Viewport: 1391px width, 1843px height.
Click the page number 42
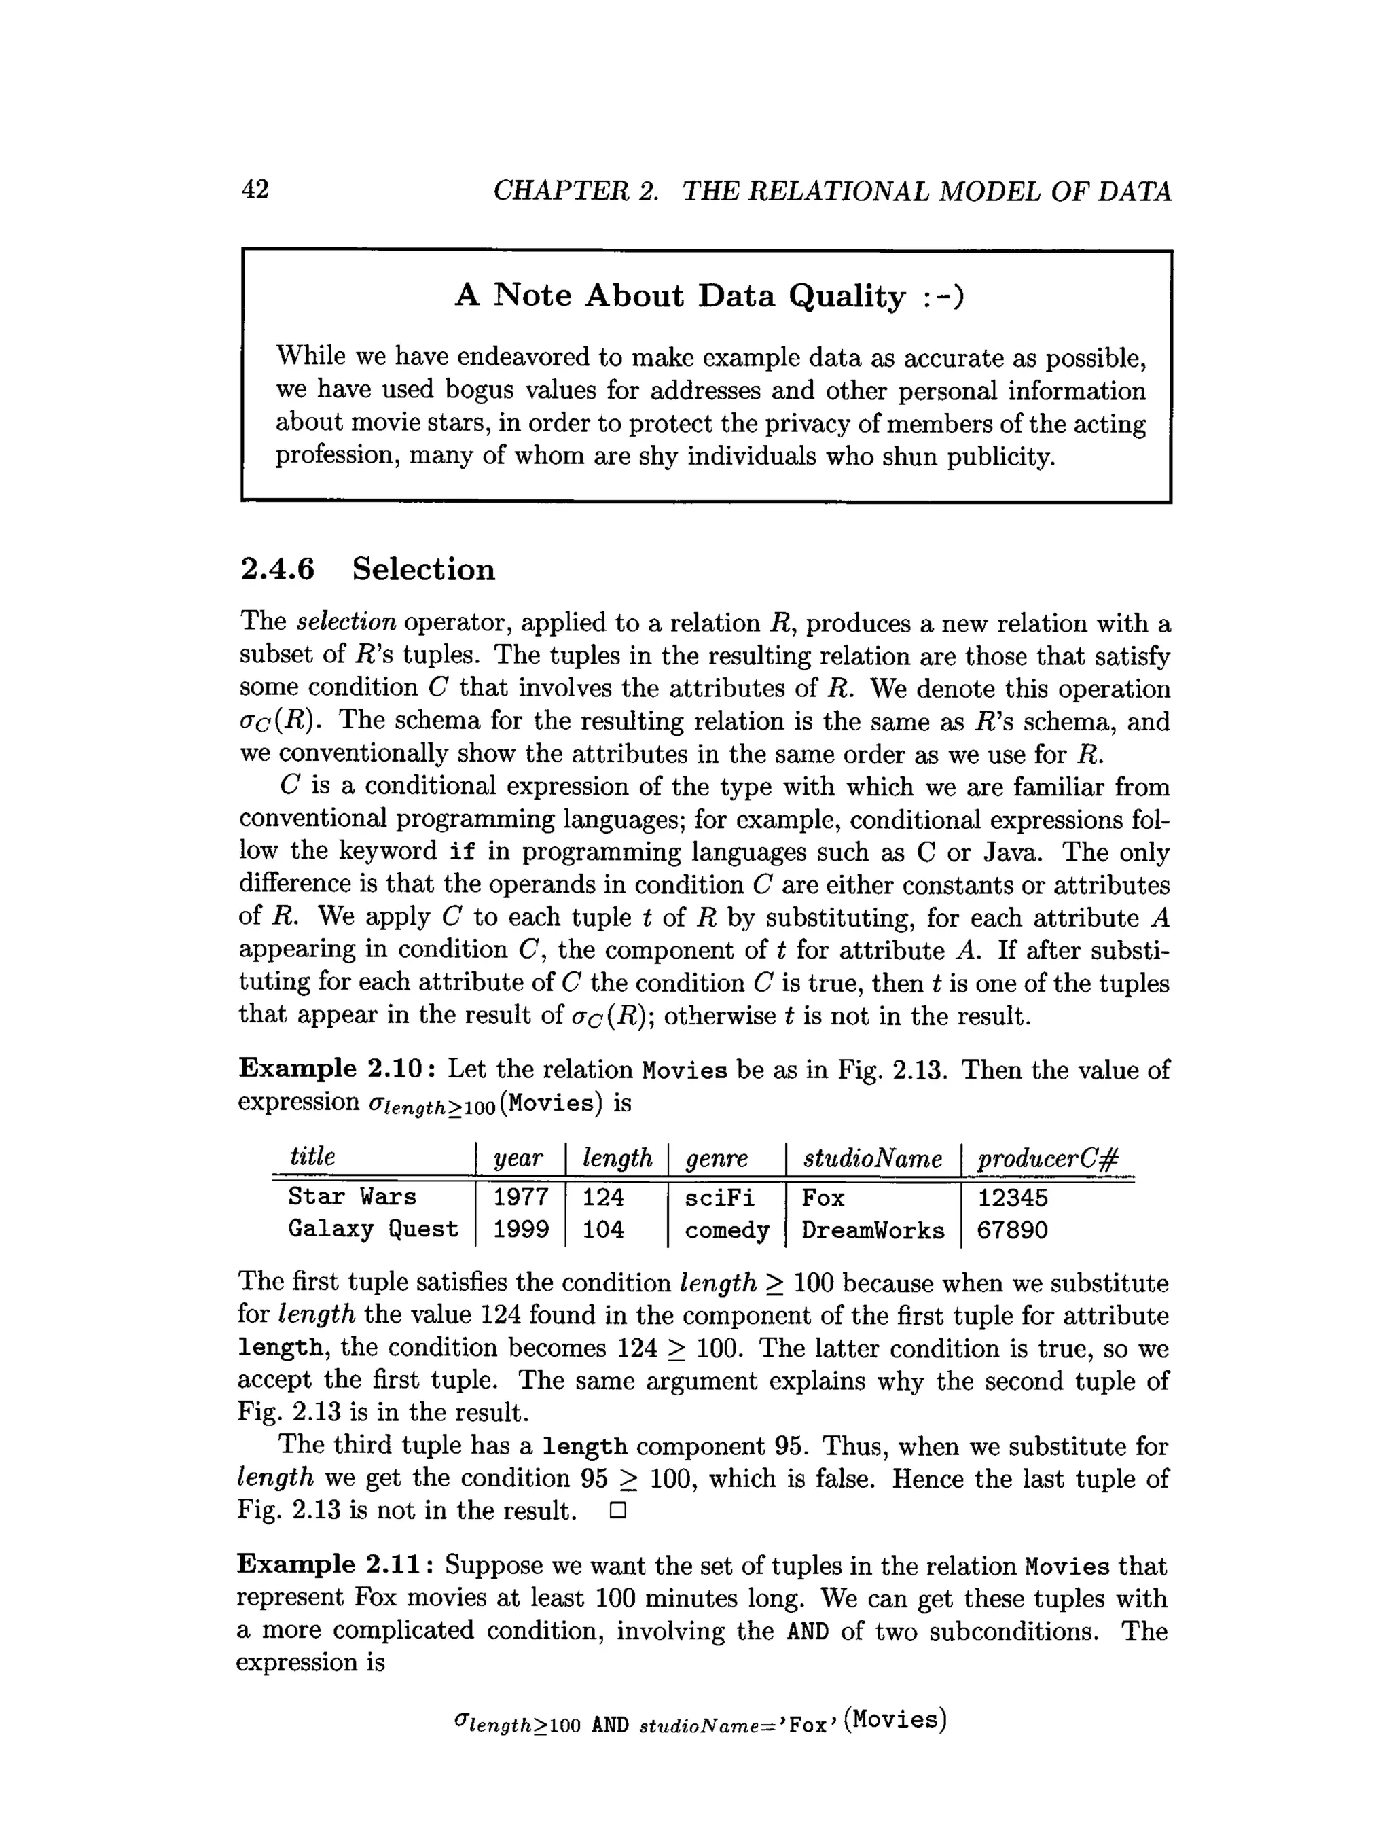255,190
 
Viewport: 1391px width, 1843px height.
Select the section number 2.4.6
277,570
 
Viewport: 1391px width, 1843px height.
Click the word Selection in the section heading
423,570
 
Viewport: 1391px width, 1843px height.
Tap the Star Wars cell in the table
352,1197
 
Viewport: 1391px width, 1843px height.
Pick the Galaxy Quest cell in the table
373,1230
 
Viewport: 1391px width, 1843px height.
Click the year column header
518,1158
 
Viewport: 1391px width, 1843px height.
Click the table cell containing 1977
520,1197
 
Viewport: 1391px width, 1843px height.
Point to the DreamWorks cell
872,1231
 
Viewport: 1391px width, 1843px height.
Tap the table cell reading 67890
1011,1231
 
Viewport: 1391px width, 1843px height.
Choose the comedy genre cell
726,1231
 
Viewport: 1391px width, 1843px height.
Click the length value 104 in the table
602,1230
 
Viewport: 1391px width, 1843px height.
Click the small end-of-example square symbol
617,1511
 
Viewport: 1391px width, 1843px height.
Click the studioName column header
872,1158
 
